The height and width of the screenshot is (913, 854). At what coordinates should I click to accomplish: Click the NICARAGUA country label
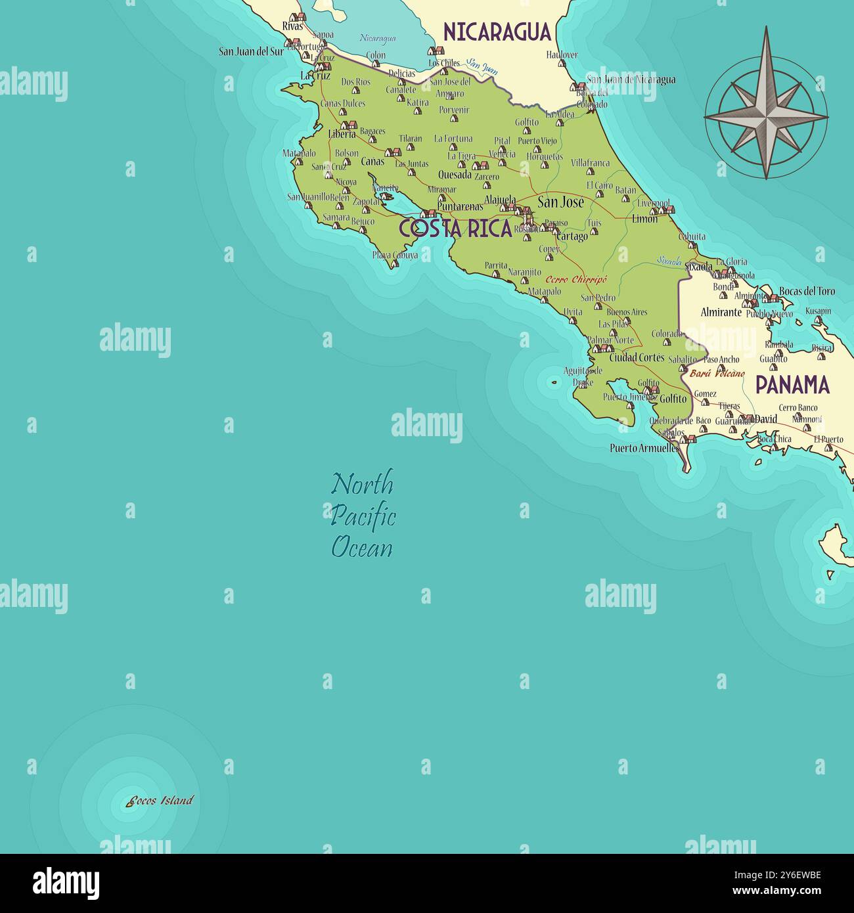click(x=497, y=32)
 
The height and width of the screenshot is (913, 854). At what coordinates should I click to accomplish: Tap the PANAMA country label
click(x=792, y=384)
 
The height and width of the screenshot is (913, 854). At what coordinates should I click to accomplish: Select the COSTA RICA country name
click(x=455, y=228)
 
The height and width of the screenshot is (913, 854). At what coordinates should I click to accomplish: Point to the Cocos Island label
click(x=161, y=800)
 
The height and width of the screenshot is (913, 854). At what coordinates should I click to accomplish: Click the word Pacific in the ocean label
click(x=363, y=516)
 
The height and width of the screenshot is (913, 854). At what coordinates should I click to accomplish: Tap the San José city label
click(x=560, y=202)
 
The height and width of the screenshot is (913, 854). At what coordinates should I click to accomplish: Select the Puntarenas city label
click(x=460, y=206)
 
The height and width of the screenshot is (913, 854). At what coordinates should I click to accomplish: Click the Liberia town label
click(x=342, y=134)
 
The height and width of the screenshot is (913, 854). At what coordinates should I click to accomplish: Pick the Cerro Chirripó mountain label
click(x=577, y=279)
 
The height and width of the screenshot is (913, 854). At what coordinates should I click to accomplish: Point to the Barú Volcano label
click(x=717, y=373)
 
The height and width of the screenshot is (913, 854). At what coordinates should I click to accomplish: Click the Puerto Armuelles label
click(x=644, y=448)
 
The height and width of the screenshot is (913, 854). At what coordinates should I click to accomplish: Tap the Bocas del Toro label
click(x=807, y=291)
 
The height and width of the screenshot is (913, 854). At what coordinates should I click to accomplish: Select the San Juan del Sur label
click(x=251, y=51)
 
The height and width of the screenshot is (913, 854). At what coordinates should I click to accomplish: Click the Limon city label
click(x=644, y=219)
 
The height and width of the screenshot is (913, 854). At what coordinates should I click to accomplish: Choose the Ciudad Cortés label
click(x=637, y=358)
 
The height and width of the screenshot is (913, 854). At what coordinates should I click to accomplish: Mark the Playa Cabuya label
click(x=395, y=256)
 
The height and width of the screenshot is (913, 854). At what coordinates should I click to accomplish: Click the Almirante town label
click(x=721, y=312)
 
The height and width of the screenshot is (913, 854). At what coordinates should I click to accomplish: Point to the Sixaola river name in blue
click(x=669, y=261)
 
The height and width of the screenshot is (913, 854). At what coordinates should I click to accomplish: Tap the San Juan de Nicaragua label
click(x=631, y=80)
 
